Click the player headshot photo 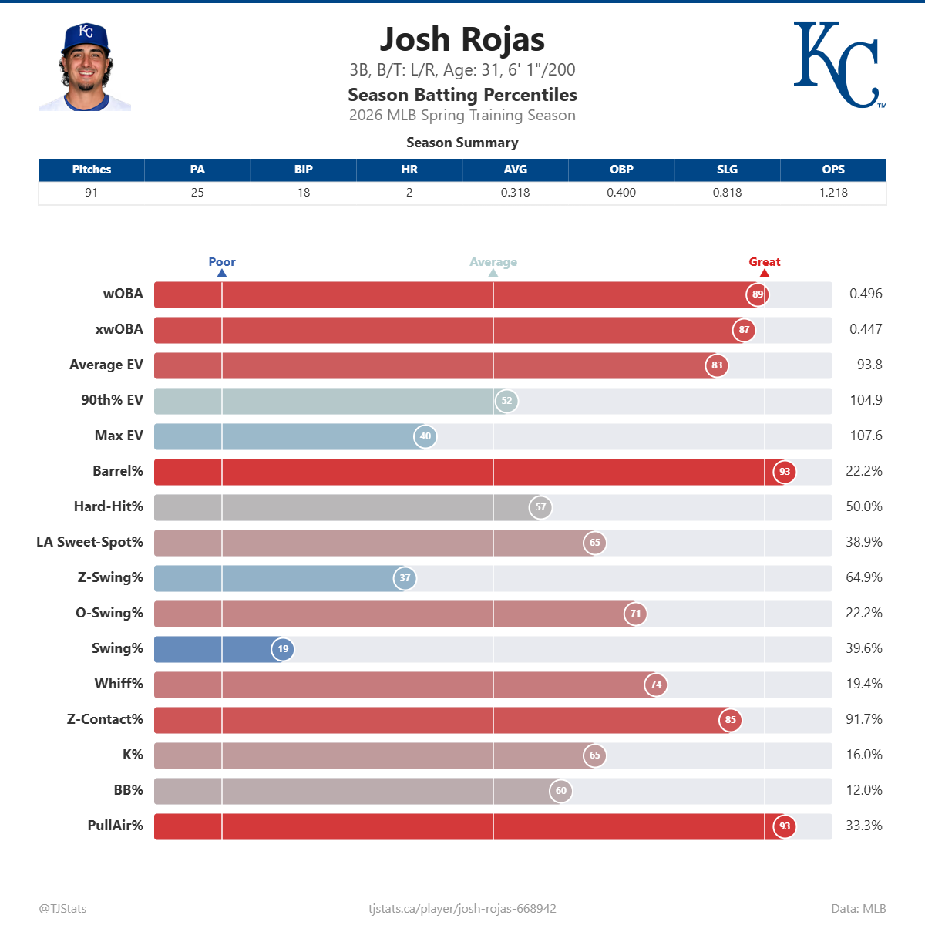point(85,67)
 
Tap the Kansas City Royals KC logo point(838,65)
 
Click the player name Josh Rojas point(462,39)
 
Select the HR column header point(409,170)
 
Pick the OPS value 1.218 point(832,193)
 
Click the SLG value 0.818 point(727,193)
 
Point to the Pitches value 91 point(91,193)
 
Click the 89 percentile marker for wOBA point(758,294)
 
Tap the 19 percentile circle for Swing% point(283,649)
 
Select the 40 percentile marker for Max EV point(425,436)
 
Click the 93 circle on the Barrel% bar point(784,472)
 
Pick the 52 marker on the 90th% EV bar point(506,401)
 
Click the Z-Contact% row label point(105,719)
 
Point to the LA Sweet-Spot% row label point(89,542)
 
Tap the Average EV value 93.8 point(869,365)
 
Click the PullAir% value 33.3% point(864,826)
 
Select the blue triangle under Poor point(222,273)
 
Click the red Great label point(764,262)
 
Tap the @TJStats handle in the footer point(62,909)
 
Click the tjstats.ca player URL point(462,909)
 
